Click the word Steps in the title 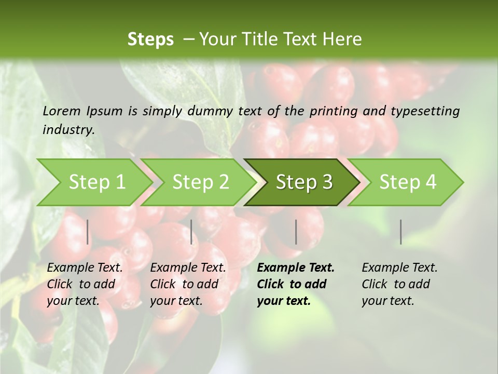click(x=150, y=39)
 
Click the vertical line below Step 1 click(x=88, y=232)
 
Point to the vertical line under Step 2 click(x=191, y=232)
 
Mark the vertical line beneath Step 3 click(x=296, y=232)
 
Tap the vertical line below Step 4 click(x=401, y=232)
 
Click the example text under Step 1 click(x=85, y=284)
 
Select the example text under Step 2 click(x=188, y=284)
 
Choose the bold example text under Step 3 click(x=296, y=284)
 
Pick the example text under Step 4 click(x=399, y=284)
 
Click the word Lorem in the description click(x=62, y=111)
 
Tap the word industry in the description click(x=68, y=130)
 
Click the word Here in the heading click(x=342, y=39)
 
